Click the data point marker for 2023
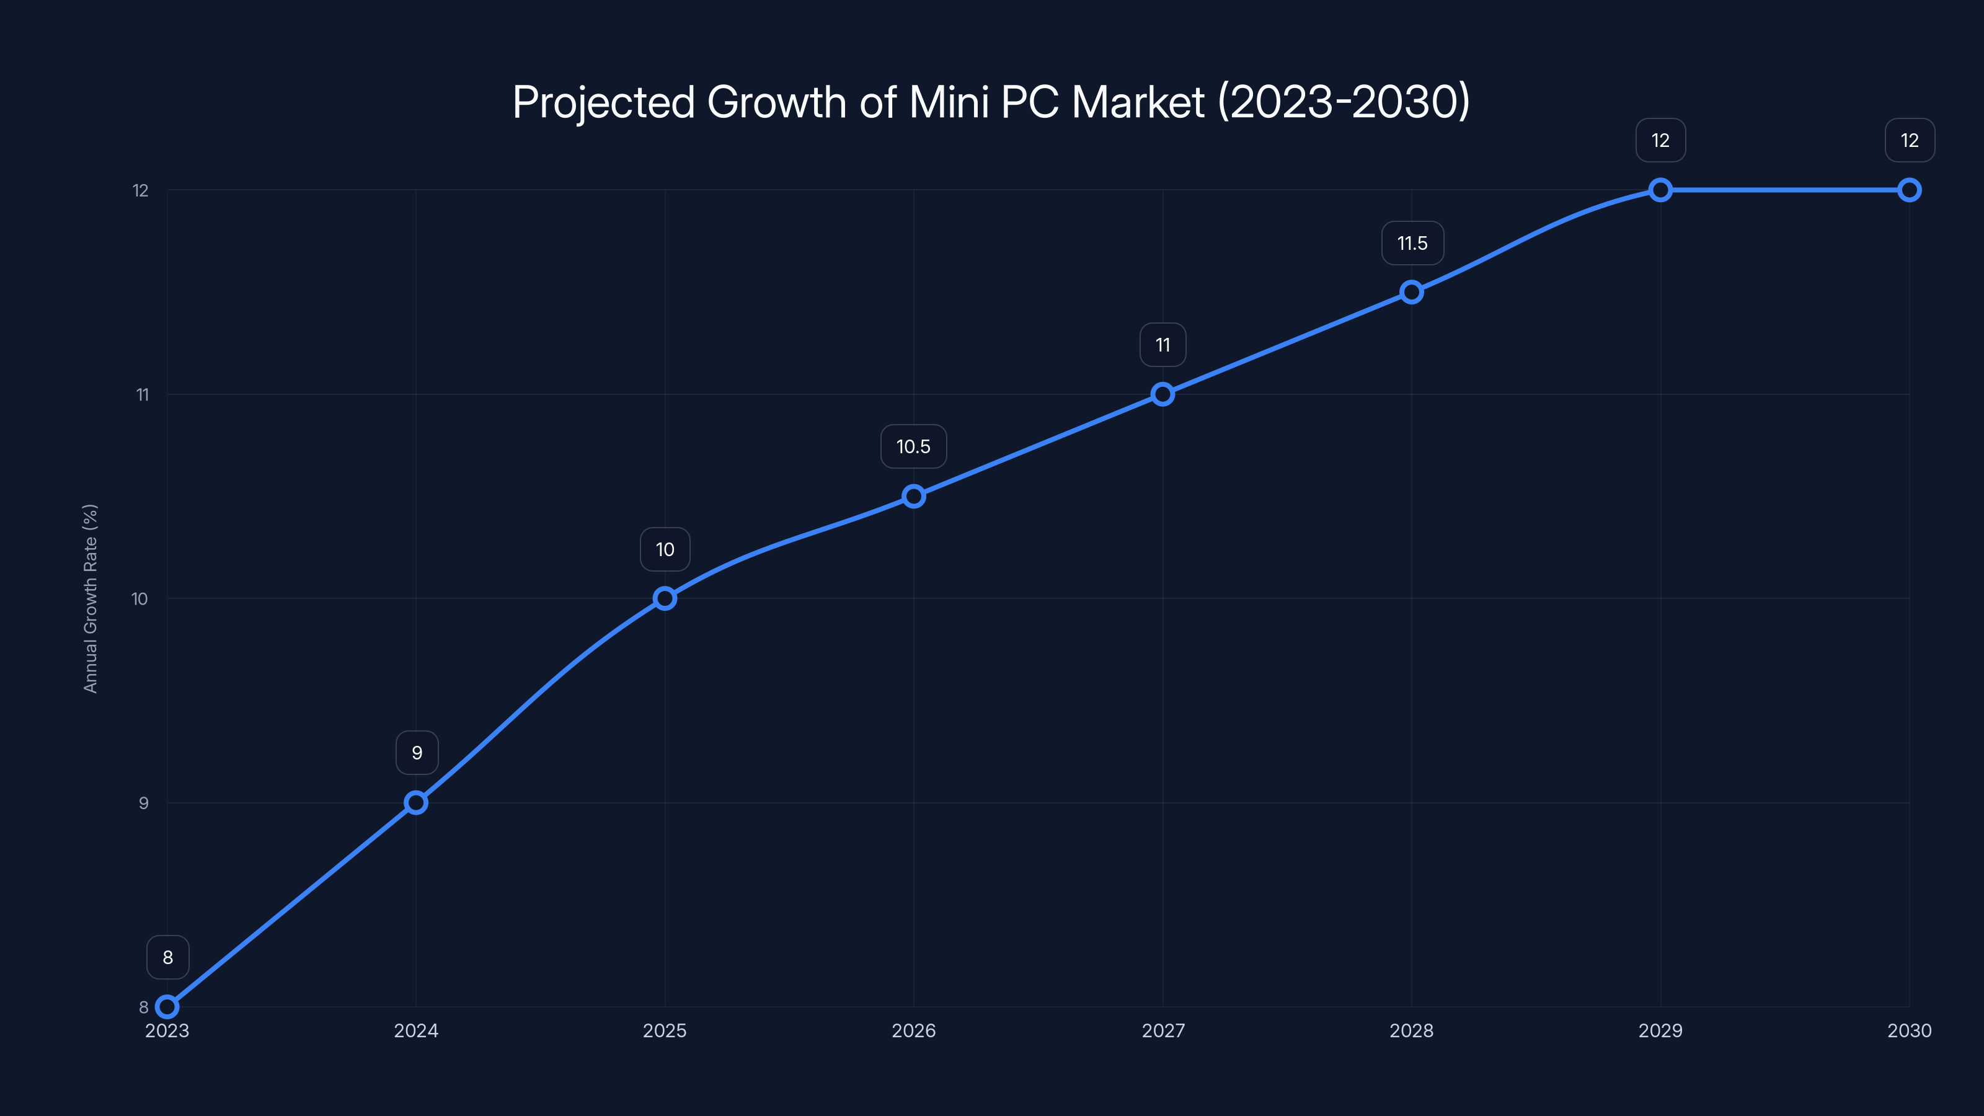coord(167,1007)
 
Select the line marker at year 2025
coord(665,598)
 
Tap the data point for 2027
coord(1163,394)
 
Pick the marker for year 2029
coord(1660,190)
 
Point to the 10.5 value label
coord(913,446)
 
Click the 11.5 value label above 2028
coord(1412,244)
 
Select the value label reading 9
coord(417,753)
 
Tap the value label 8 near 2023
coord(168,957)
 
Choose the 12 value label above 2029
coord(1660,140)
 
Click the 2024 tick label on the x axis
coord(416,1030)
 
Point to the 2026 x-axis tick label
coord(913,1030)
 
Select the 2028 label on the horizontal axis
coord(1412,1030)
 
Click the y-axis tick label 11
coord(143,395)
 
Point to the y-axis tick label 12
coord(141,190)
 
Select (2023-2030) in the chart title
coord(1344,102)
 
